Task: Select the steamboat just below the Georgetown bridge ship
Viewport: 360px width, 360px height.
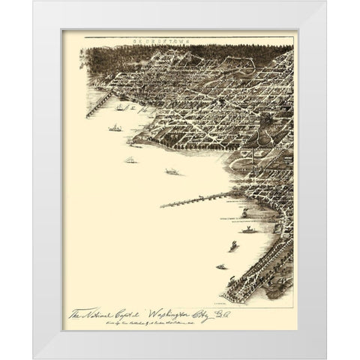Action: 114,128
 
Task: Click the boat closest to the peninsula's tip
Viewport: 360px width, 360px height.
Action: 221,267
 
